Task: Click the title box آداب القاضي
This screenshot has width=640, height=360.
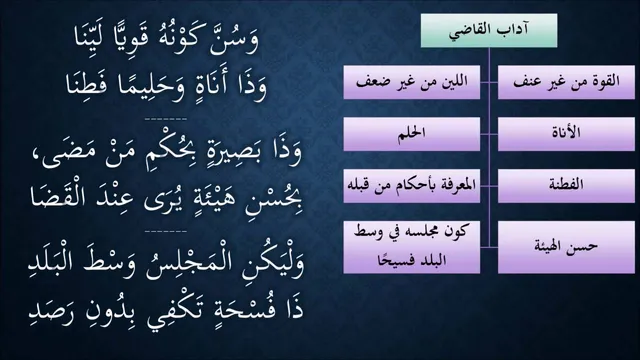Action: point(489,30)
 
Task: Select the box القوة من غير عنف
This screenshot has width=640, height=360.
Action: point(566,82)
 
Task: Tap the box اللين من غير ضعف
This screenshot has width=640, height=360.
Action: point(411,82)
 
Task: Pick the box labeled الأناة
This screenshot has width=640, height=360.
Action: point(566,134)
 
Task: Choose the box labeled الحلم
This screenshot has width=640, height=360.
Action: point(411,134)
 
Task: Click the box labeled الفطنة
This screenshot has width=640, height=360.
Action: point(566,186)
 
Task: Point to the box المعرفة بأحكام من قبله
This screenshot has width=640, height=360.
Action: point(411,186)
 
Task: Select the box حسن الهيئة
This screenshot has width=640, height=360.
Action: point(566,247)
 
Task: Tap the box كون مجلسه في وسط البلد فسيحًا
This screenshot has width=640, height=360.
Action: point(411,247)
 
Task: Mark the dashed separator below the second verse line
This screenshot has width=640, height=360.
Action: point(166,119)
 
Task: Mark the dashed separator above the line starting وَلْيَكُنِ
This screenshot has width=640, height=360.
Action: point(166,231)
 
